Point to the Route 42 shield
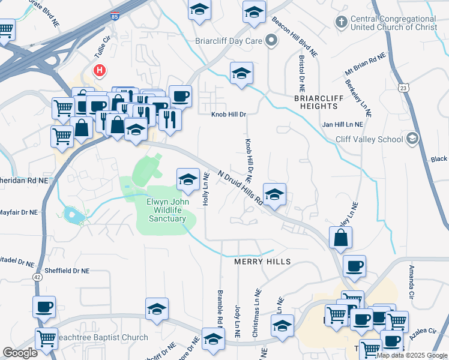pyautogui.click(x=37, y=277)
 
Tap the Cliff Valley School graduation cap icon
pyautogui.click(x=412, y=139)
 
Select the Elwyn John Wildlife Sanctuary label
pyautogui.click(x=166, y=210)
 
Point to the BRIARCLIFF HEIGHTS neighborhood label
pyautogui.click(x=316, y=101)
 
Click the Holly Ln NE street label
pyautogui.click(x=205, y=190)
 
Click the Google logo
pyautogui.click(x=20, y=352)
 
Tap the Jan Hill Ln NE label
pyautogui.click(x=343, y=125)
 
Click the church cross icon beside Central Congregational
pyautogui.click(x=341, y=22)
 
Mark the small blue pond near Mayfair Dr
pyautogui.click(x=71, y=214)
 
